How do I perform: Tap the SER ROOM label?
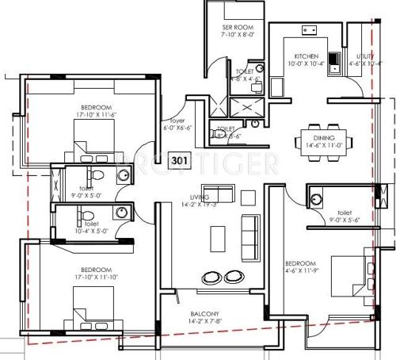tap(237, 28)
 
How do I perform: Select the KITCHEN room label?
tap(306, 57)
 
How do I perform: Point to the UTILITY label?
tap(364, 57)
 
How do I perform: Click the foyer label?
tap(177, 121)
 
